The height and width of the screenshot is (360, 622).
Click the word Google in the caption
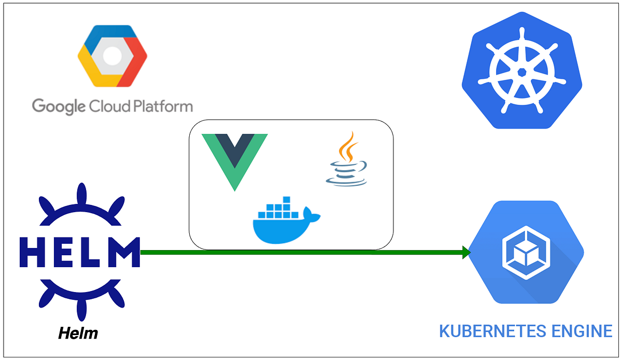tap(59, 106)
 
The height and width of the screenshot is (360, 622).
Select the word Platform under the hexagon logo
tap(161, 107)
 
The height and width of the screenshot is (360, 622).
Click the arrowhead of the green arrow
tap(466, 253)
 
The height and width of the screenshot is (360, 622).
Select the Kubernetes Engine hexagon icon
tap(526, 253)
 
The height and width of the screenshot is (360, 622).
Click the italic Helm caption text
tap(78, 333)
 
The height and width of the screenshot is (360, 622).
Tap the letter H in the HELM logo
tap(33, 253)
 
